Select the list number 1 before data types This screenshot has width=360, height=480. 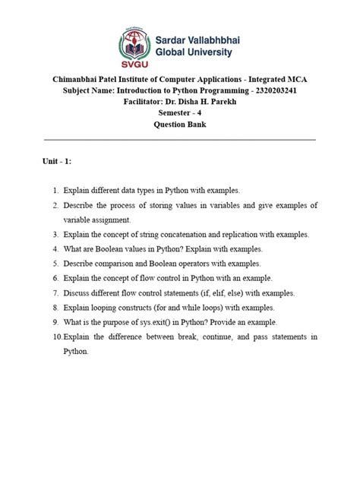[55, 192]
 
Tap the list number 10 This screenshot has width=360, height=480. [56, 336]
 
